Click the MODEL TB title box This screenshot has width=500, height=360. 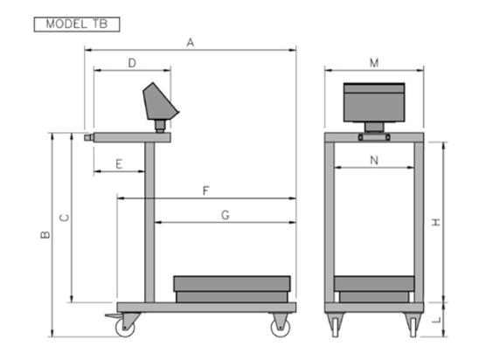(77, 24)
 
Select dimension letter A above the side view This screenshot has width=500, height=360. (191, 43)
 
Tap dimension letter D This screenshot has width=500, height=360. (132, 63)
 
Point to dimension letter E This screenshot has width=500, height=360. (119, 164)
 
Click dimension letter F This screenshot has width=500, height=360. (206, 190)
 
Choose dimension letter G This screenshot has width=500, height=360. (226, 215)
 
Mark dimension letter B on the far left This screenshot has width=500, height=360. (45, 235)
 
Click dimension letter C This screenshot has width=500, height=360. (65, 218)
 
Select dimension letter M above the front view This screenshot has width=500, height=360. (374, 63)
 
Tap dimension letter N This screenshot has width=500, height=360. (374, 160)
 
